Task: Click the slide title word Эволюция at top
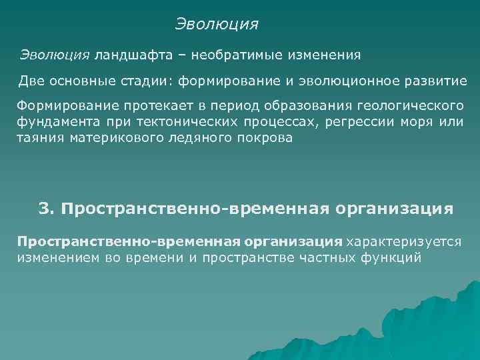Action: coord(217,25)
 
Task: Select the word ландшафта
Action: coord(129,54)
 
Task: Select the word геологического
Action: coord(409,108)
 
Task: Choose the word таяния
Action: coord(39,138)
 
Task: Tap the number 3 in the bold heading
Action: coord(45,209)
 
